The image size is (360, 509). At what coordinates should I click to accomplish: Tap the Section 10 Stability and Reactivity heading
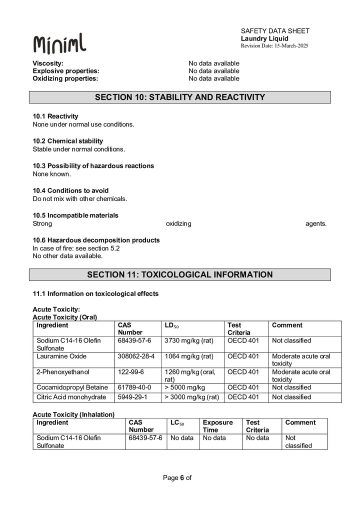point(180,97)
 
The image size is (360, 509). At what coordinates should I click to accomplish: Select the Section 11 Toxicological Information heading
point(180,274)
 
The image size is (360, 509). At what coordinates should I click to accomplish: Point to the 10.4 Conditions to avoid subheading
point(70,190)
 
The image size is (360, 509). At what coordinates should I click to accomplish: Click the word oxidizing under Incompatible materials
point(178,223)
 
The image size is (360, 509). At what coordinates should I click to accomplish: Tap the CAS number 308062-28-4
point(136,356)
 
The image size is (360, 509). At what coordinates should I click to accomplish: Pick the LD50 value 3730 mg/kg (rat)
point(189,340)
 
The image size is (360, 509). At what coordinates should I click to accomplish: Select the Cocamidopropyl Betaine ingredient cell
point(72,387)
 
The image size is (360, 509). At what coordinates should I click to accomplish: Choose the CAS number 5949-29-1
point(131,397)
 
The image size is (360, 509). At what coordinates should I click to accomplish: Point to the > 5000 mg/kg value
point(185,387)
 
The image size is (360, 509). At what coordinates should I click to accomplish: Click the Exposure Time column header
point(217,426)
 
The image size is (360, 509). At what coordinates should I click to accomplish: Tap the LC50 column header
point(177,423)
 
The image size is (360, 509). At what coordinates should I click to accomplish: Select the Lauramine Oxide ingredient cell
point(61,356)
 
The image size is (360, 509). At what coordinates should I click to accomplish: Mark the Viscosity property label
point(48,63)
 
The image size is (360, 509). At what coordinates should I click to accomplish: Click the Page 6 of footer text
point(177,477)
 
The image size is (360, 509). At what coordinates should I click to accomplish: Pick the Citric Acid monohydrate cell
point(71,397)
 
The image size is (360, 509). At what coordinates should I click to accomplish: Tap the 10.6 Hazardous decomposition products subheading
point(96,240)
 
